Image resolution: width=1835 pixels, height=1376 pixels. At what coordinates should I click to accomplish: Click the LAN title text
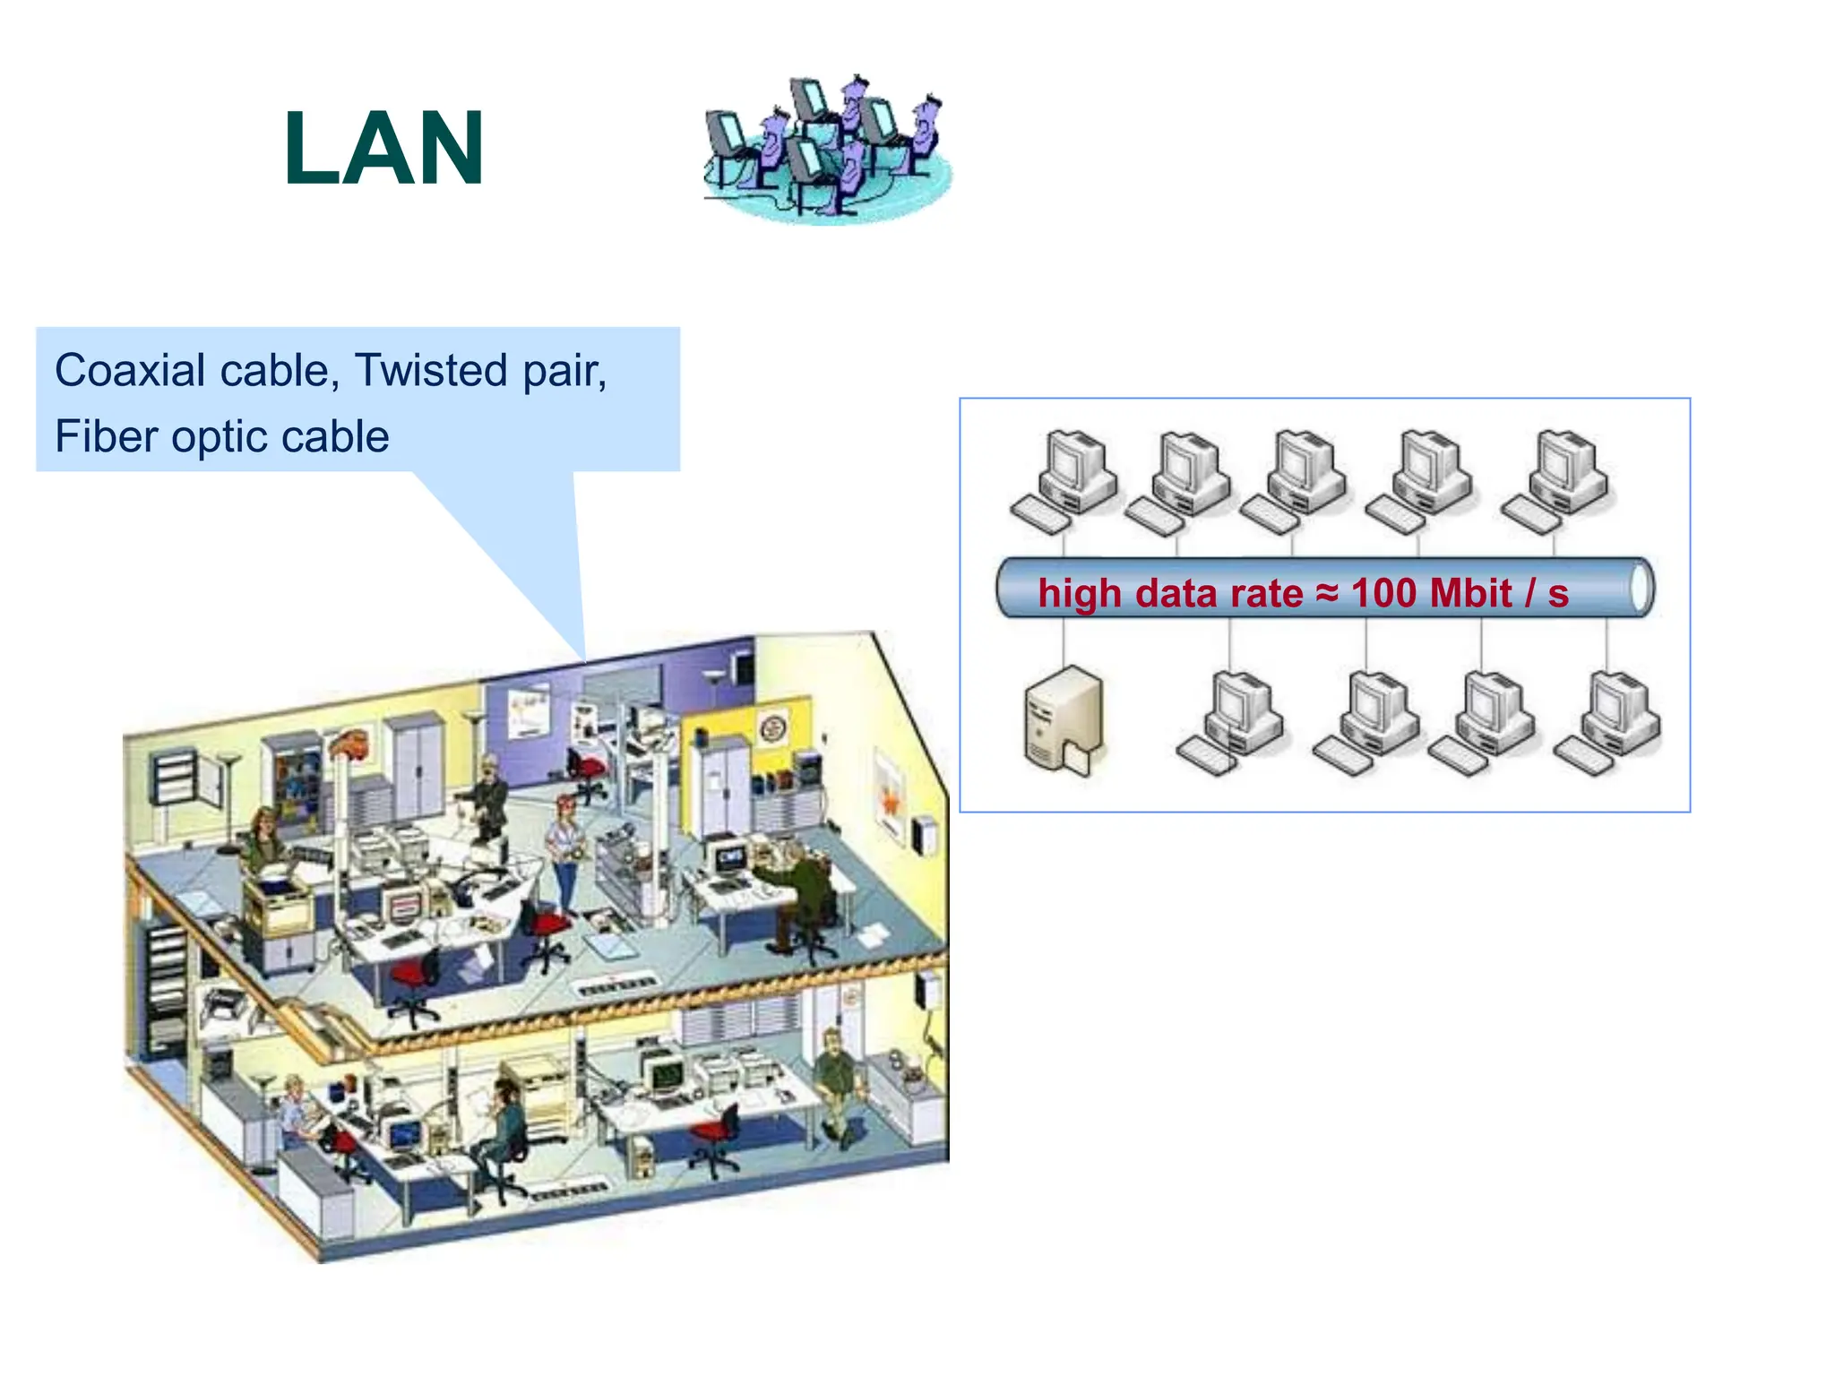[x=383, y=150]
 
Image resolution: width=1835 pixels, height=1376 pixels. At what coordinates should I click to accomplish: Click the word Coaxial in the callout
[x=130, y=371]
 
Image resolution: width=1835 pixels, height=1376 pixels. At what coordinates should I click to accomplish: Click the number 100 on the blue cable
[x=1383, y=593]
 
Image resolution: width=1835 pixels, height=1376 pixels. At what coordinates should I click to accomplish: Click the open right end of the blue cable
[x=1641, y=588]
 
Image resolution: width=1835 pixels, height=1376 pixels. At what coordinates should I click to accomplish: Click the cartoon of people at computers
[x=825, y=148]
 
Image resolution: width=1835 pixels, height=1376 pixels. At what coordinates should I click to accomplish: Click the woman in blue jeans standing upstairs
[x=564, y=850]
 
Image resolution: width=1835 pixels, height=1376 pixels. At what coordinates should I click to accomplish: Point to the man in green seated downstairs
[x=836, y=1084]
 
